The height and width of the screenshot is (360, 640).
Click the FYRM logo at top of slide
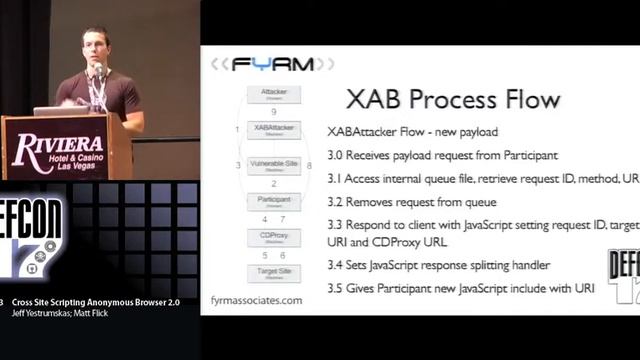click(x=272, y=64)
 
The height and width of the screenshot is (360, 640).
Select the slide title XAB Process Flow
click(x=453, y=100)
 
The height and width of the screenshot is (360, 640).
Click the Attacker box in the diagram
click(x=273, y=93)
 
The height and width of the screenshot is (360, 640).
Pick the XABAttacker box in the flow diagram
click(x=273, y=129)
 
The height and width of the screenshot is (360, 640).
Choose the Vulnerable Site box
click(x=273, y=164)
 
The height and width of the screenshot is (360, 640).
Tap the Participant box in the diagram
click(x=273, y=200)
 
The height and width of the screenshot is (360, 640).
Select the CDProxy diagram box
click(x=273, y=236)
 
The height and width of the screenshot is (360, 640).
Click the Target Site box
click(x=273, y=272)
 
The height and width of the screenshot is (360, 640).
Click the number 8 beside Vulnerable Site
click(x=310, y=164)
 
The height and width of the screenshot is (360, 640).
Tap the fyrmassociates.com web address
click(x=256, y=300)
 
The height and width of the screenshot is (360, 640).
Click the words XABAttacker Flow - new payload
click(x=413, y=132)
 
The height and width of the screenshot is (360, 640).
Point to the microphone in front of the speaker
click(x=101, y=71)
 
